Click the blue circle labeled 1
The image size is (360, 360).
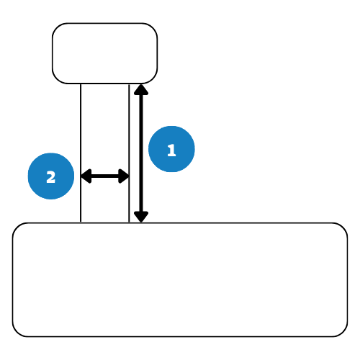(x=171, y=149)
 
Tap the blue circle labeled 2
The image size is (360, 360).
(x=51, y=176)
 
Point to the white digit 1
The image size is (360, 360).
(x=171, y=150)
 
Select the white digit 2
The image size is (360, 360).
(x=51, y=177)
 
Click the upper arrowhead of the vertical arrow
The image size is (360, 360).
(x=141, y=89)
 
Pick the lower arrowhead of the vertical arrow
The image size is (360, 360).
(x=141, y=217)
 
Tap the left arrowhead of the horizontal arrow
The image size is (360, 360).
(x=86, y=176)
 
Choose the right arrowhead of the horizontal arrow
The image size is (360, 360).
(x=124, y=176)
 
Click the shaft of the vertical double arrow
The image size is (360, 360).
(x=141, y=153)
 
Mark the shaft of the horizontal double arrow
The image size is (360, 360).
(x=105, y=176)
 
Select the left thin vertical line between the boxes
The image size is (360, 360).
(x=81, y=153)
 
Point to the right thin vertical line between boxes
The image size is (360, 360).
(x=129, y=153)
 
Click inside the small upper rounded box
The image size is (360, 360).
(x=105, y=53)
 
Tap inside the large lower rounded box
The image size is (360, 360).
(x=180, y=280)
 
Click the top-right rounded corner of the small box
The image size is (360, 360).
(x=153, y=27)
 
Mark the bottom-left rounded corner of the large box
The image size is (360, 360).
(x=17, y=333)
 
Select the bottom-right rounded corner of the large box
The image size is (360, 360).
(x=343, y=333)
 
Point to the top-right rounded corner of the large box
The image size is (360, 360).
(x=343, y=228)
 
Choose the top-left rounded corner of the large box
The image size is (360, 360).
(x=17, y=228)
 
